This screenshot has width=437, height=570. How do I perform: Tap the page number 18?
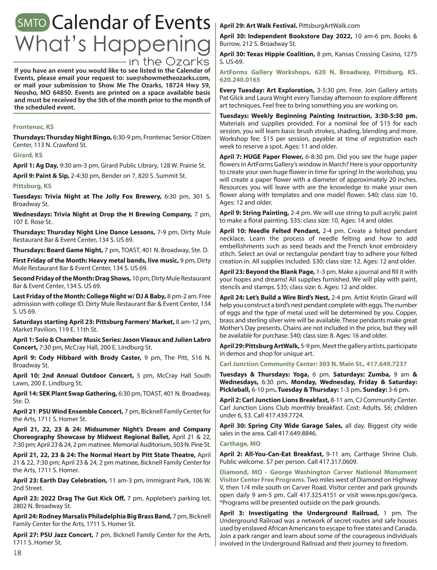pos(17,553)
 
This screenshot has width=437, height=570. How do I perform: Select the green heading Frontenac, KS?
pos(33,127)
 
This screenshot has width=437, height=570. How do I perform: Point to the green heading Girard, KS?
pos(28,155)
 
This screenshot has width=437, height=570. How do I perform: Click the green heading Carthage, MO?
pos(240,444)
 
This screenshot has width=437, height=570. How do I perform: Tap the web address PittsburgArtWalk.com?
pos(329,26)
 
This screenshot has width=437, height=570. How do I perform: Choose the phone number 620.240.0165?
pos(240,80)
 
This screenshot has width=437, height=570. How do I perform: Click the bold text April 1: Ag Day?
pos(36,165)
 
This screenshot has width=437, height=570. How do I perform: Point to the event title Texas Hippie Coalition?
pos(280,54)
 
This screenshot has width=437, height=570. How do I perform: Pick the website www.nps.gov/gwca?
pos(389,495)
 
